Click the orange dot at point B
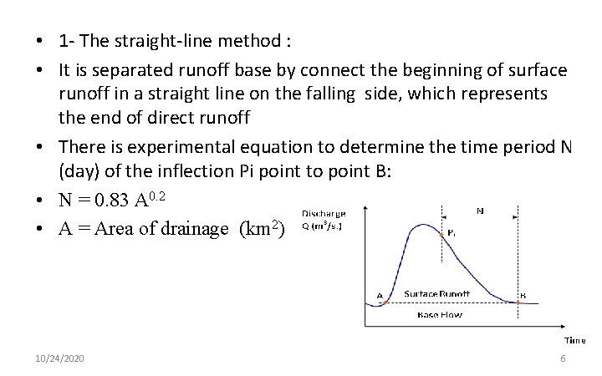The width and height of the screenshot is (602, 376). [518, 303]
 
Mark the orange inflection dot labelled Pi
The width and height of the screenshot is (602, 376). [441, 235]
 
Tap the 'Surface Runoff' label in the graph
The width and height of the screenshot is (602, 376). [436, 293]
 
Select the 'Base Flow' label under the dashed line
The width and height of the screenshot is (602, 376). [440, 315]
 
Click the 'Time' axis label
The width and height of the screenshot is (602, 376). [574, 340]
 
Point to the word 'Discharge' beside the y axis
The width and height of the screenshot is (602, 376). [324, 214]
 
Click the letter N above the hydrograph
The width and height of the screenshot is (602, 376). [479, 211]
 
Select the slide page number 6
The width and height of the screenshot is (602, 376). [563, 358]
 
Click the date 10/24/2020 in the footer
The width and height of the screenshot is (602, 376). [60, 358]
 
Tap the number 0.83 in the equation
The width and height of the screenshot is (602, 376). [113, 201]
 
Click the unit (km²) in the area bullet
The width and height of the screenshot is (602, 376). [261, 228]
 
